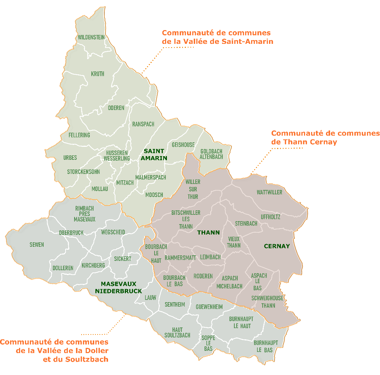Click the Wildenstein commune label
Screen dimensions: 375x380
[x=91, y=37]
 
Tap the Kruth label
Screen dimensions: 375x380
[x=98, y=74]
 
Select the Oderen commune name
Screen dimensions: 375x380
[x=116, y=108]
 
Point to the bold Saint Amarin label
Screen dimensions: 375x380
[x=154, y=155]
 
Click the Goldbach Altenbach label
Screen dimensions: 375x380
[x=211, y=154]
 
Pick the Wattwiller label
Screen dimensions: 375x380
[x=269, y=192]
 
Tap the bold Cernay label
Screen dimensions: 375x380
[x=276, y=246]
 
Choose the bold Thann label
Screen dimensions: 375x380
[x=208, y=233]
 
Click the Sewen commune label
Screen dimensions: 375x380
[x=37, y=245]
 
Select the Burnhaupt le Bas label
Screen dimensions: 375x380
[x=266, y=346]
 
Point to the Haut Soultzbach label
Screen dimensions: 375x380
[x=177, y=332]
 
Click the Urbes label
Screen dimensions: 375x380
[x=70, y=158]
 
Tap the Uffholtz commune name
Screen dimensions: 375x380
[x=270, y=217]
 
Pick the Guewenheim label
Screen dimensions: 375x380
[x=209, y=307]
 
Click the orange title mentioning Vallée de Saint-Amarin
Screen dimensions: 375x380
[x=218, y=37]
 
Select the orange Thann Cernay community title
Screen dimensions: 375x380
[x=325, y=138]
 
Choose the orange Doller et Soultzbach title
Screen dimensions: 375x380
[x=54, y=350]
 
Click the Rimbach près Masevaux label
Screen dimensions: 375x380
[x=85, y=214]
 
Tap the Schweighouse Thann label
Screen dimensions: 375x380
[x=267, y=301]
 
